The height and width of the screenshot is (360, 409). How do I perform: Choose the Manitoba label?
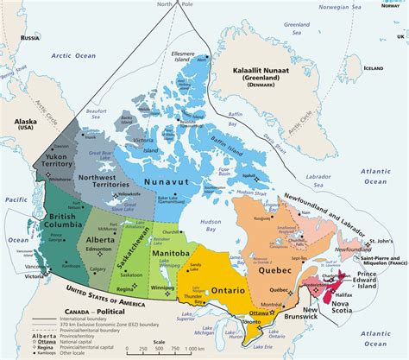pos(170,253)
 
